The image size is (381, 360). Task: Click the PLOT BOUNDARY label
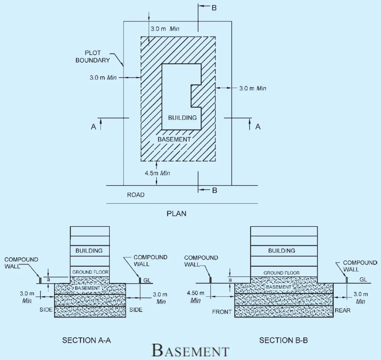click(98, 57)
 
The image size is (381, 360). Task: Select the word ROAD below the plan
click(135, 195)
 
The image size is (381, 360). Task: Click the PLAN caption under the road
click(176, 214)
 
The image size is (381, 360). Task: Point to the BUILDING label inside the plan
click(182, 118)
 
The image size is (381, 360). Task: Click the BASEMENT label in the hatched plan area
click(174, 139)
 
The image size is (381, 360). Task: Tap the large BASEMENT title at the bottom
click(190, 350)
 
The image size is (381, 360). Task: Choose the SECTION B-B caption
click(284, 340)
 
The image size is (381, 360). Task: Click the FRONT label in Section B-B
click(222, 312)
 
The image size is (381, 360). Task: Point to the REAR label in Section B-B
click(343, 310)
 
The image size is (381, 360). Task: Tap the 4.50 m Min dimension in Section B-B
click(195, 297)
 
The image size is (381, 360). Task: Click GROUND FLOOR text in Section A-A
click(90, 272)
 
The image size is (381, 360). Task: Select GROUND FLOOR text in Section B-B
click(282, 273)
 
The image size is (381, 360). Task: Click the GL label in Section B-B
click(364, 279)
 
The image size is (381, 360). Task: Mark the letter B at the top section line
click(214, 8)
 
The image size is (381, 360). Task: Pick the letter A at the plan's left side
click(93, 127)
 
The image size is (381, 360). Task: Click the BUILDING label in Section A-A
click(89, 251)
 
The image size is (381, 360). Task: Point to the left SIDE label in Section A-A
click(46, 310)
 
